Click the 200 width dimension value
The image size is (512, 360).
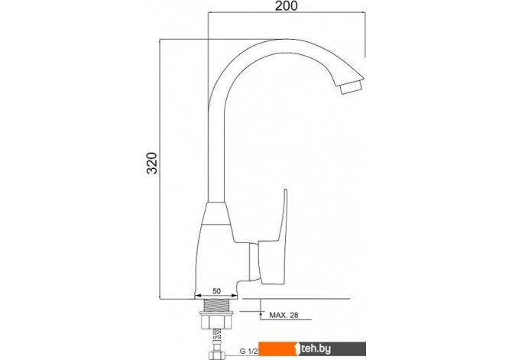point(286,6)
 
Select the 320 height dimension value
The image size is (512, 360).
point(152,163)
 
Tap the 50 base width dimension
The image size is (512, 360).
point(216,290)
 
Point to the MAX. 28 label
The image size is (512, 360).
point(284,315)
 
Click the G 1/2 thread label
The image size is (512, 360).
point(249,352)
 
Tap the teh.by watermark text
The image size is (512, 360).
point(316,349)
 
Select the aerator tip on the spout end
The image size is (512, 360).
point(350,88)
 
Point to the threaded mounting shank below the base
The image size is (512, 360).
point(216,305)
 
